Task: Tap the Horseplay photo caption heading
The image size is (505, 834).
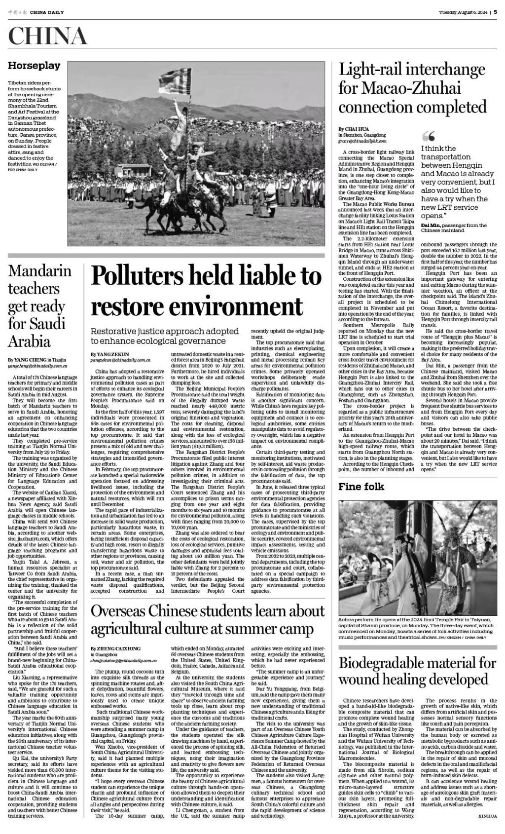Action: (34, 66)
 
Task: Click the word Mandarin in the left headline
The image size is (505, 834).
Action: (39, 271)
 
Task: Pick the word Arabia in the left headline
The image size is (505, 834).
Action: (29, 341)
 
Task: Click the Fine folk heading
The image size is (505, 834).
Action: (361, 487)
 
